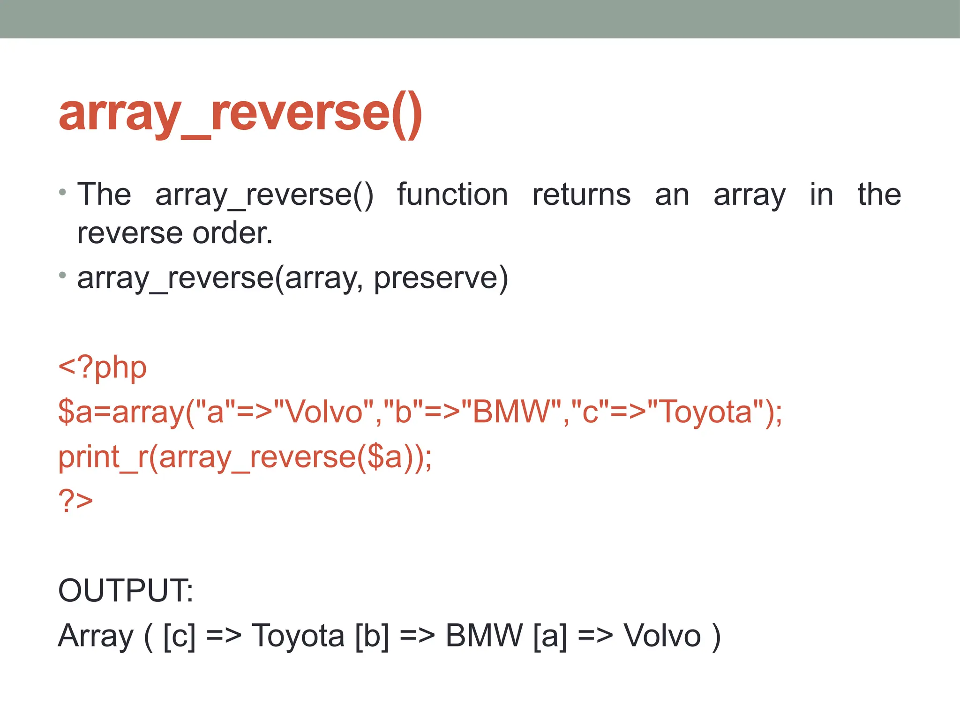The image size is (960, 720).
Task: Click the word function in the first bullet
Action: point(452,195)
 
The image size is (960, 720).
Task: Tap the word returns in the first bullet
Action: point(581,195)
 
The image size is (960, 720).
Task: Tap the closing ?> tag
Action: point(75,500)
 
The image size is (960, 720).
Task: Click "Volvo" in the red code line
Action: point(323,412)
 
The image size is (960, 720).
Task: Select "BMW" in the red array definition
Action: point(511,412)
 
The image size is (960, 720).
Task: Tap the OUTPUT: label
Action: point(125,591)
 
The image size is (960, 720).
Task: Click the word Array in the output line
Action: point(96,636)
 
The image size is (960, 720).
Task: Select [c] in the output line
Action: point(179,636)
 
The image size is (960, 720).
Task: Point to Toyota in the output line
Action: point(298,636)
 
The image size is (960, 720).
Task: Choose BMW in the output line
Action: point(484,636)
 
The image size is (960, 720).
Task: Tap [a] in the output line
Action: point(550,636)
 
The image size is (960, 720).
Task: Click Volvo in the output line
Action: point(662,636)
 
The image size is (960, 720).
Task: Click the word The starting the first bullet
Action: point(104,195)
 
